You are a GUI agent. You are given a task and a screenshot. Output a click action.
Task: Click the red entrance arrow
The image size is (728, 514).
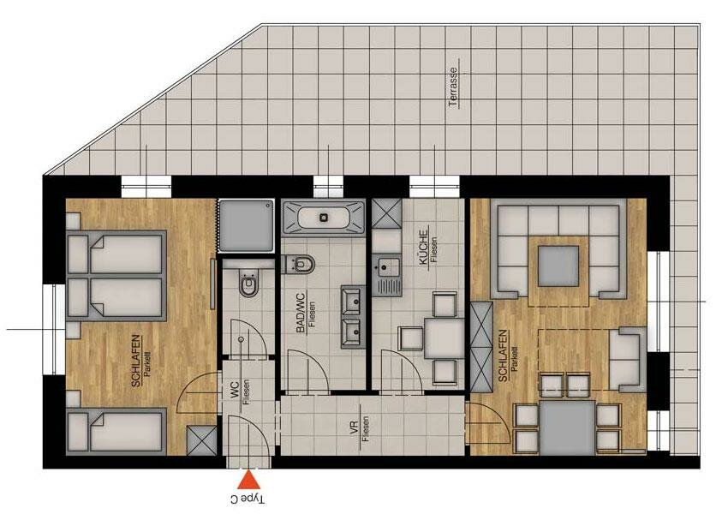click(250, 480)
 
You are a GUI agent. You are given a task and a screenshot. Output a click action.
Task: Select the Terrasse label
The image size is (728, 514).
click(454, 88)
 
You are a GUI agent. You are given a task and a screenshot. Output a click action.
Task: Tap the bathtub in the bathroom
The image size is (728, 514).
click(324, 217)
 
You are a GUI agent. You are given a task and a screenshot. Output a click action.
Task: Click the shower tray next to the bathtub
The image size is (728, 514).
click(247, 226)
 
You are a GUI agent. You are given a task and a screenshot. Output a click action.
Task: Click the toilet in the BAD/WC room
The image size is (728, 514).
click(301, 264)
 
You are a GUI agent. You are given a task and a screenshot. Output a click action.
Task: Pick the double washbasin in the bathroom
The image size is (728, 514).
click(352, 317)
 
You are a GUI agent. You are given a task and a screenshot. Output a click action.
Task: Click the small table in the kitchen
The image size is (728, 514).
click(445, 338)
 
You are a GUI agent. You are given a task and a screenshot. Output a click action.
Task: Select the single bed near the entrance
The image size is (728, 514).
click(116, 432)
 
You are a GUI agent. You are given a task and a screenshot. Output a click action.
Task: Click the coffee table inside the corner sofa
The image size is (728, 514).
click(558, 266)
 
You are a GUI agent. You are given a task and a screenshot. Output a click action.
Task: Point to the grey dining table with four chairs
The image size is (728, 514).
click(567, 427)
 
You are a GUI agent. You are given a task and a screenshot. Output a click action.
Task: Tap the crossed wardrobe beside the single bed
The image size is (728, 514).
click(201, 440)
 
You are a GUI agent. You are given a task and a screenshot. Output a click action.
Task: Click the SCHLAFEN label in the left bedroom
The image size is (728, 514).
click(136, 361)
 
